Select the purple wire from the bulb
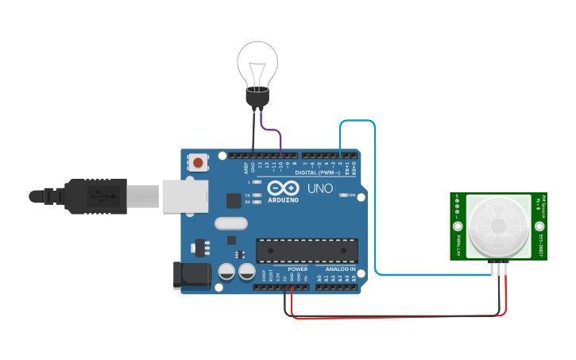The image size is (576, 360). pos(275,132)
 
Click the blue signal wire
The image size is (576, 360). pos(375,199)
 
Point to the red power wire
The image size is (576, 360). pos(397,319)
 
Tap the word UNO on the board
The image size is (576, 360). pos(320,188)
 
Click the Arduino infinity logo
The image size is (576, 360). pos(283,188)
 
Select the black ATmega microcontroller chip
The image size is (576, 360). pos(306,250)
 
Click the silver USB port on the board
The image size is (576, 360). pos(186,195)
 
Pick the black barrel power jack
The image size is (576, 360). pos(191,274)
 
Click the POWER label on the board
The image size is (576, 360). pos(297,269)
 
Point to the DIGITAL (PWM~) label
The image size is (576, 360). pos(317,172)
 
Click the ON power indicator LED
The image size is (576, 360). pos(342,195)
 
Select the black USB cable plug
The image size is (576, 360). pos(95,195)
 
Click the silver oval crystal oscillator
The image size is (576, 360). pos(231,225)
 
